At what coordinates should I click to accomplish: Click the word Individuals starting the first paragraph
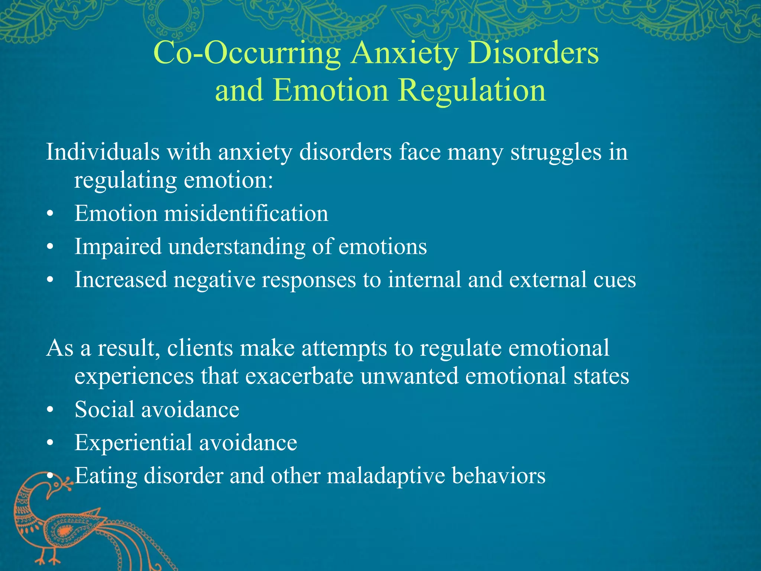pyautogui.click(x=103, y=152)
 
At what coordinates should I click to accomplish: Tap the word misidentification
pyautogui.click(x=246, y=214)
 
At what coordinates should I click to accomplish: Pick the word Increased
pyautogui.click(x=121, y=280)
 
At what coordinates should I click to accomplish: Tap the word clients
pyautogui.click(x=199, y=348)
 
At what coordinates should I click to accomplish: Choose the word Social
pyautogui.click(x=104, y=410)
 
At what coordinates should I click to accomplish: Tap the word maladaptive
pyautogui.click(x=386, y=476)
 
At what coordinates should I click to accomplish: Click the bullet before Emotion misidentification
pyautogui.click(x=51, y=215)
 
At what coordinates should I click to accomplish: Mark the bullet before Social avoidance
pyautogui.click(x=51, y=410)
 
